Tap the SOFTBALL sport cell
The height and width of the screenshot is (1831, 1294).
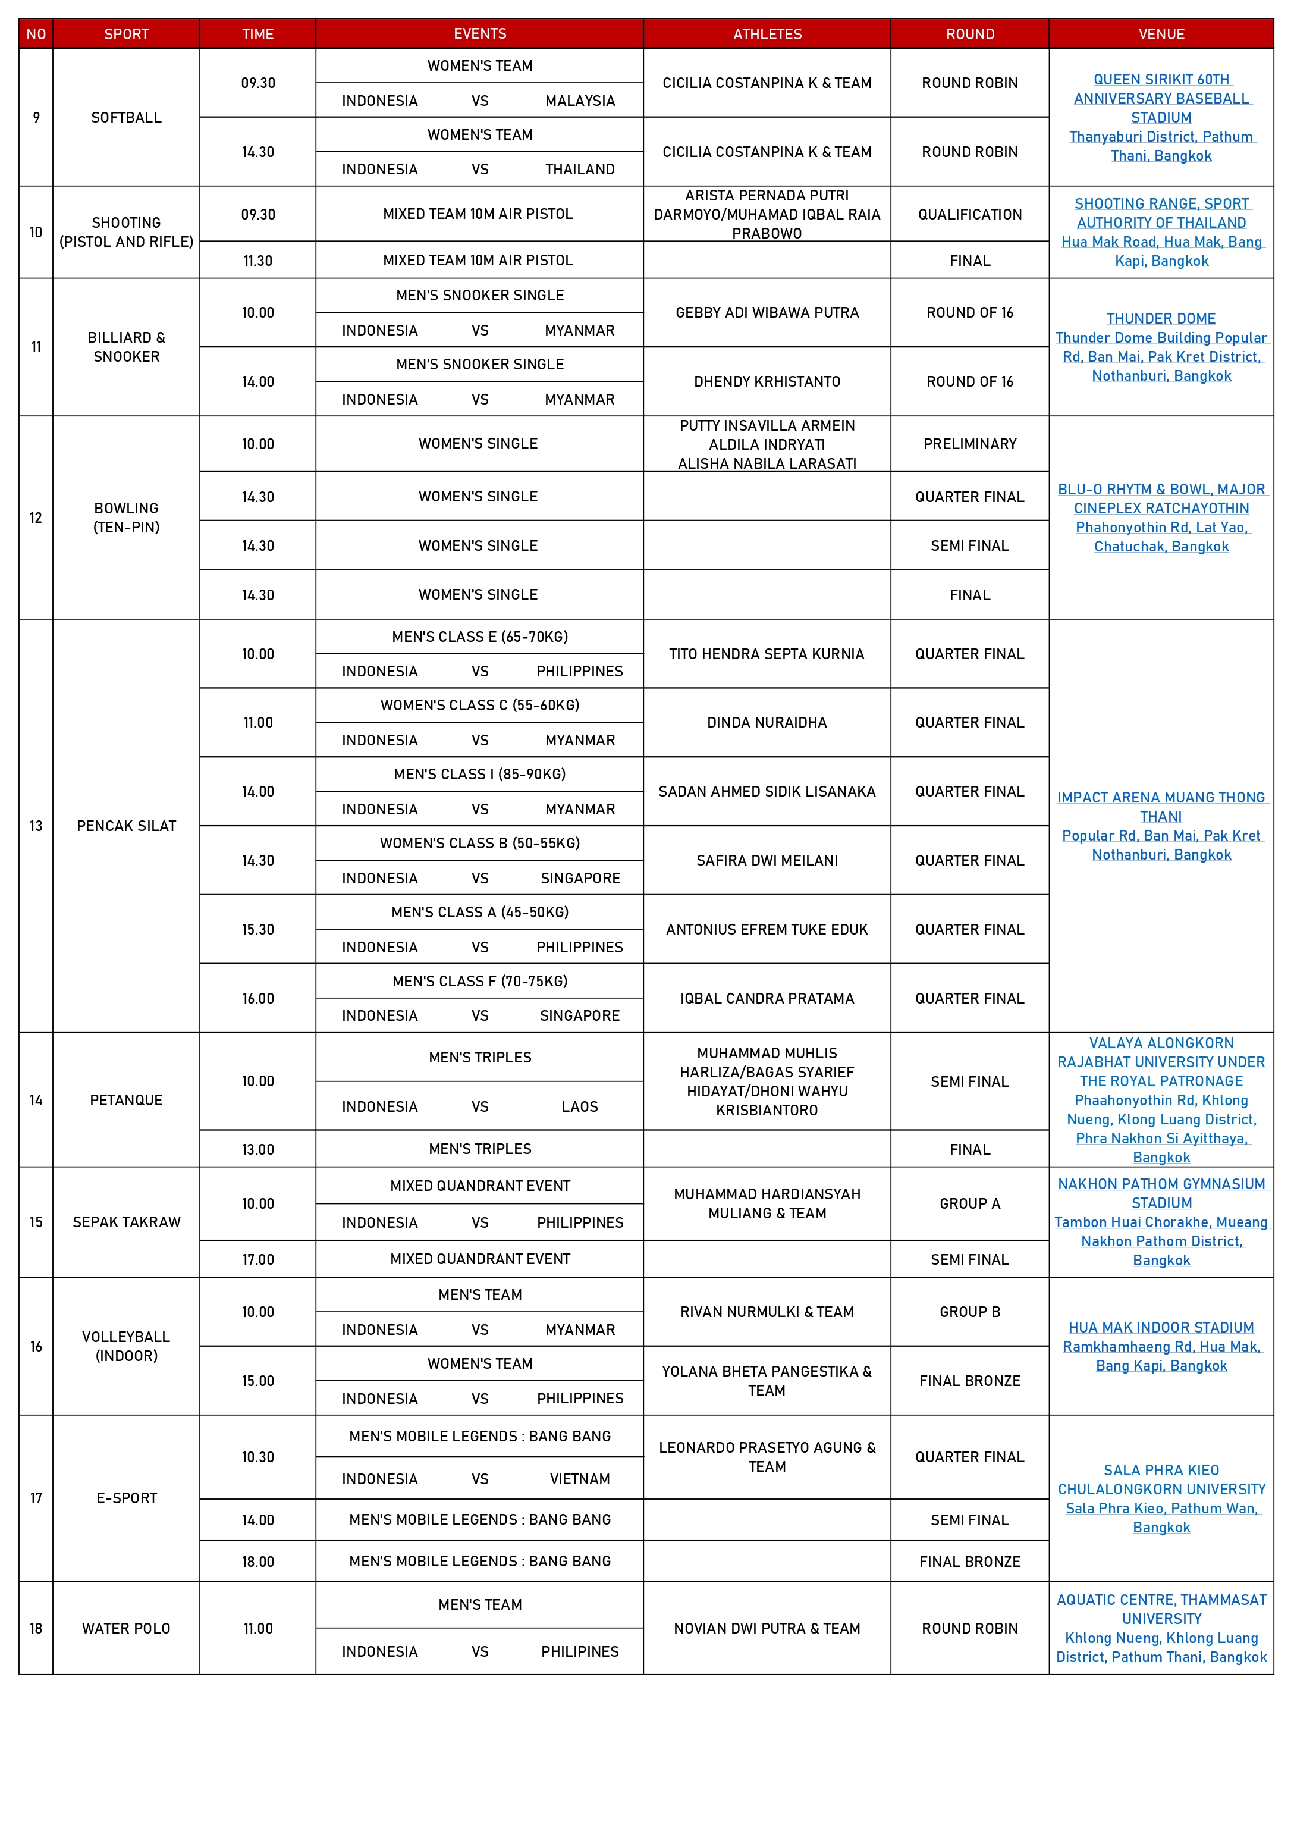[126, 118]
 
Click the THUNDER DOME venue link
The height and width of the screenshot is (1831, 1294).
[1161, 318]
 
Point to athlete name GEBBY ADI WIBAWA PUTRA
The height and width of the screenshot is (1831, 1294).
[767, 313]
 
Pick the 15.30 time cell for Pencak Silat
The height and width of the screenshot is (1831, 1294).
[257, 930]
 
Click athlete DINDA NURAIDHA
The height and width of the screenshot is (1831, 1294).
[767, 723]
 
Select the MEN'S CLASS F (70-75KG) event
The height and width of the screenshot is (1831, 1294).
[480, 981]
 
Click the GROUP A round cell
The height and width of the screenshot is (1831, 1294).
[969, 1204]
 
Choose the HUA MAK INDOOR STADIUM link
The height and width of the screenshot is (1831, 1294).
[1161, 1328]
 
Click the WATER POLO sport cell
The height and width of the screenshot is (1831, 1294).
[126, 1628]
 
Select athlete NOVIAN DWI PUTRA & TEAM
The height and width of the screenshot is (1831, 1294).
[767, 1628]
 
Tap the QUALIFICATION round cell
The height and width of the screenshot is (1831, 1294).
[969, 215]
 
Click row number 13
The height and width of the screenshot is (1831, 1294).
[36, 826]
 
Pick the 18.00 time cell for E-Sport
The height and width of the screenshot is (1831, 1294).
[257, 1562]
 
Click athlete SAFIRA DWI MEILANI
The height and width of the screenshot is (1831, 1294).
[767, 860]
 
